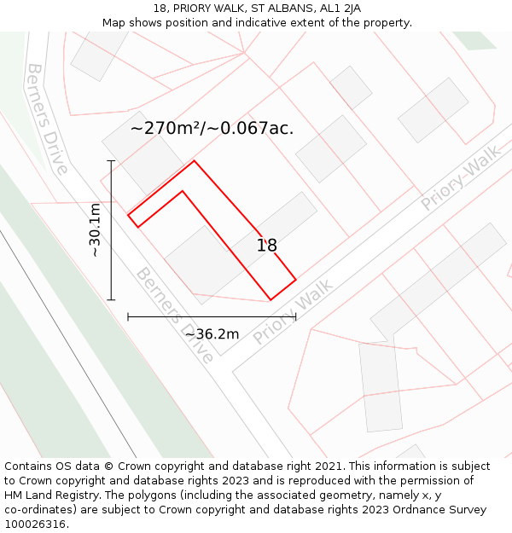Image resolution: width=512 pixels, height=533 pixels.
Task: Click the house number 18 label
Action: pyautogui.click(x=267, y=246)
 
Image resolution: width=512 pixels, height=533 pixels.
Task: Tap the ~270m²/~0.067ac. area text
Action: pyautogui.click(x=212, y=129)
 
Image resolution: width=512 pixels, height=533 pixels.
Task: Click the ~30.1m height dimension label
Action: pyautogui.click(x=95, y=230)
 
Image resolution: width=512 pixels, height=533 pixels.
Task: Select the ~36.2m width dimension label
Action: pyautogui.click(x=212, y=333)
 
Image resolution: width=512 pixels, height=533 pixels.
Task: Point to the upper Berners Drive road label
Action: pyautogui.click(x=47, y=118)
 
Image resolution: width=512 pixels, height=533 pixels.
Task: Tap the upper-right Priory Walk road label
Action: pyautogui.click(x=461, y=178)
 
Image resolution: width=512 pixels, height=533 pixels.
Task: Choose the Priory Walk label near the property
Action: pyautogui.click(x=292, y=316)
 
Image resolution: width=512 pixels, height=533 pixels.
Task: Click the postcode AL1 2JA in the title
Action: pyautogui.click(x=340, y=9)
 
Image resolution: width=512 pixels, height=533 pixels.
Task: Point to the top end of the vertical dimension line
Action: pyautogui.click(x=111, y=160)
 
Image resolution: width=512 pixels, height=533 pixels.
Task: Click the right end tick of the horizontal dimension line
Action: pyautogui.click(x=295, y=316)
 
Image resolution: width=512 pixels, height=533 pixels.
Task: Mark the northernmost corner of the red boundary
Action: pyautogui.click(x=194, y=160)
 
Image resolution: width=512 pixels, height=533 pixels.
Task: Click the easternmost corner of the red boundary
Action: pyautogui.click(x=295, y=279)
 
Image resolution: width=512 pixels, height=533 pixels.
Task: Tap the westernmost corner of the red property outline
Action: pyautogui.click(x=128, y=215)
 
